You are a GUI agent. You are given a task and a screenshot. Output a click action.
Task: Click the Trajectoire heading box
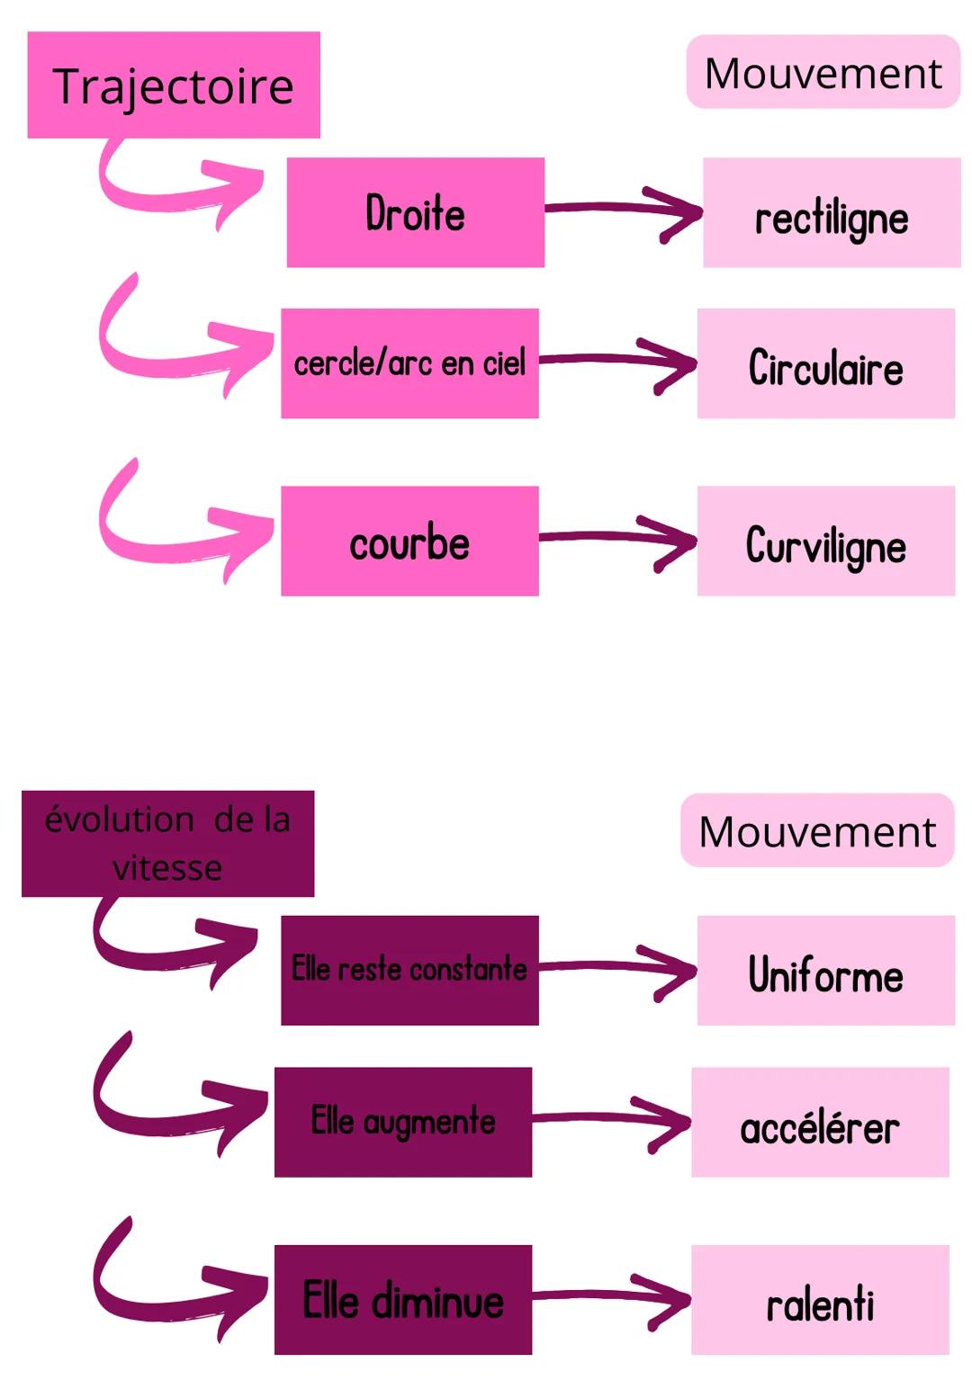coord(174,85)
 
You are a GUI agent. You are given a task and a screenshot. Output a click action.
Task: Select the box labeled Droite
coord(415,212)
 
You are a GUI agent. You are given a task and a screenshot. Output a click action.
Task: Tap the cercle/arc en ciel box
coord(409,363)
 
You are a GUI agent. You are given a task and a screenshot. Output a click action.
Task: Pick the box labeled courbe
coord(409,541)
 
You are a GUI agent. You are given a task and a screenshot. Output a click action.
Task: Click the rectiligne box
coord(832,213)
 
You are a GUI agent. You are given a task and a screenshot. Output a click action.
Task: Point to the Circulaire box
coord(825,363)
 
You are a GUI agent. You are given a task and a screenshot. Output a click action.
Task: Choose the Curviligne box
coord(825,541)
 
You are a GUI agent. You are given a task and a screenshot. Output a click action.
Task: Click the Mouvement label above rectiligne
coord(823,73)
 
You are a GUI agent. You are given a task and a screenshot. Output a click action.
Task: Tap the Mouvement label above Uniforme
coord(817,831)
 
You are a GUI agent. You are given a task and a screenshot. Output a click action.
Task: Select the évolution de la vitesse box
coord(167,844)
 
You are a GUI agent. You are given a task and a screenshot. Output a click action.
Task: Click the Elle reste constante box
coord(409,971)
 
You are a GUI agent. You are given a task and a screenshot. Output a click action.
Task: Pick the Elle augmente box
coord(402,1122)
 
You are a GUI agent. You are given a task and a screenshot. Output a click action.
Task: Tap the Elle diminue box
coord(402,1300)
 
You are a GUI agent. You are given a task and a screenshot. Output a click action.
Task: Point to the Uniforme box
coord(825,971)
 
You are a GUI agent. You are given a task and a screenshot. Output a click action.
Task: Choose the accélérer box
coord(820,1122)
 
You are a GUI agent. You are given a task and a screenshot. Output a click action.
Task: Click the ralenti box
coord(820,1300)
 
